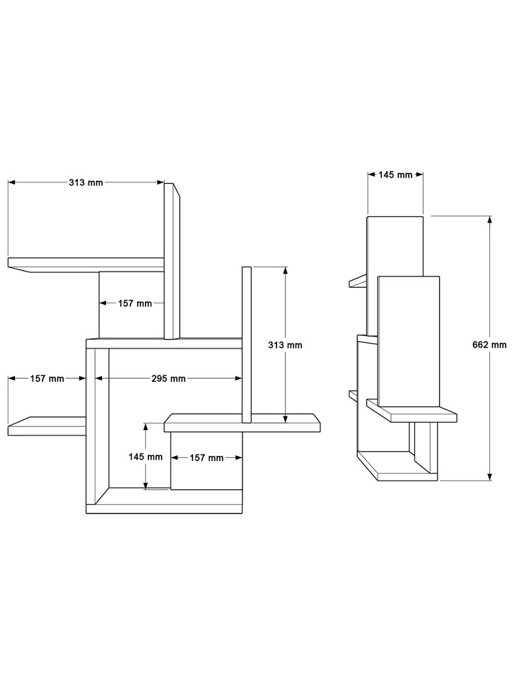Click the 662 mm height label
[x=489, y=345]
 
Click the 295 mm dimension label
[x=168, y=379]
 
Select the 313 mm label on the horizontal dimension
[x=86, y=182]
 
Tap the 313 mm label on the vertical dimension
[x=285, y=345]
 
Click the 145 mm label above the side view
[x=395, y=175]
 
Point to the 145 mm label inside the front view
[x=146, y=457]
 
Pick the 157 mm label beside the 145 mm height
[x=206, y=458]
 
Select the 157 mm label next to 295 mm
[x=47, y=379]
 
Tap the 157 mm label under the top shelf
[x=135, y=303]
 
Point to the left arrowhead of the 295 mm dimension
[x=99, y=379]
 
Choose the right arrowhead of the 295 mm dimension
[x=238, y=379]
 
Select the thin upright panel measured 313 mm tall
[x=247, y=345]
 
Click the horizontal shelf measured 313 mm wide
[x=86, y=264]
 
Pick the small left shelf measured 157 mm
[x=47, y=426]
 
